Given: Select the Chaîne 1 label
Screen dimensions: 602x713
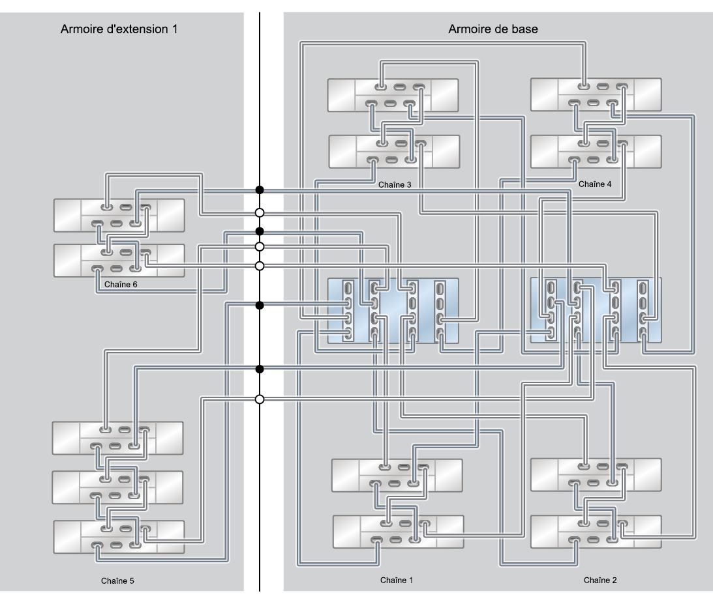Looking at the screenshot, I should pyautogui.click(x=396, y=579).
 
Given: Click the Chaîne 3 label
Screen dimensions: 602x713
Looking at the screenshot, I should pyautogui.click(x=395, y=184).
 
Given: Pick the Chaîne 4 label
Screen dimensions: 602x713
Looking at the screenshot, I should pyautogui.click(x=595, y=184).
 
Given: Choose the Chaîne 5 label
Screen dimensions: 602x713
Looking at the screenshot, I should pyautogui.click(x=119, y=579).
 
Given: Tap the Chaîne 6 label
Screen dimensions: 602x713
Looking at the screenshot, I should pyautogui.click(x=120, y=285).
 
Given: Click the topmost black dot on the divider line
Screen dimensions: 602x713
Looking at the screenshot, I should pyautogui.click(x=260, y=190).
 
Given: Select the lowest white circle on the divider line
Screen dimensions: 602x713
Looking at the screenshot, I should pyautogui.click(x=260, y=399).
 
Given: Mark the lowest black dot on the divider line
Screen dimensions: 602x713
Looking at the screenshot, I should pyautogui.click(x=260, y=369).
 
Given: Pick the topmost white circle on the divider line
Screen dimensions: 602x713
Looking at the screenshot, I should pyautogui.click(x=260, y=212).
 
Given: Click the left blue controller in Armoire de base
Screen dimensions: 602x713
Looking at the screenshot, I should pyautogui.click(x=393, y=310).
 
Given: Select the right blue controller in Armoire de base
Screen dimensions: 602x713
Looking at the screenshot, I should pyautogui.click(x=596, y=310).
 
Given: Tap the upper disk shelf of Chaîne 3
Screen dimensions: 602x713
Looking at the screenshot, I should pyautogui.click(x=393, y=95).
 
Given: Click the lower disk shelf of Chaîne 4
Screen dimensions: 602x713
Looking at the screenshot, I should pyautogui.click(x=596, y=151).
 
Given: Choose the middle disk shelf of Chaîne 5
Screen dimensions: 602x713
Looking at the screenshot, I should pyautogui.click(x=117, y=487).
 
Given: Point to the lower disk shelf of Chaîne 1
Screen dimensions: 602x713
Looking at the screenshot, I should pyautogui.click(x=398, y=532).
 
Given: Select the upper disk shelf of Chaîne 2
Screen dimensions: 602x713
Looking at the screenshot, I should pyautogui.click(x=596, y=476).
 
